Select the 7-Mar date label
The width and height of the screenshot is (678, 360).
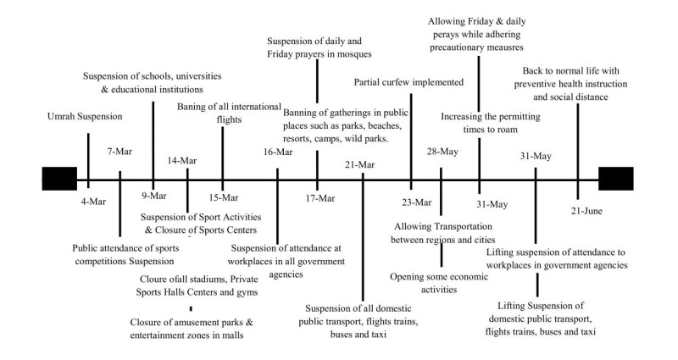pos(119,152)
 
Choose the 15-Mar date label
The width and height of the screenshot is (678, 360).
pos(222,199)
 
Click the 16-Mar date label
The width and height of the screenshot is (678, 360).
pos(279,152)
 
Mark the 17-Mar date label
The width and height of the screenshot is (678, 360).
pos(318,199)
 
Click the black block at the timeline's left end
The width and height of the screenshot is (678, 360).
pos(58,180)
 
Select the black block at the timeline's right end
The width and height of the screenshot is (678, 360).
pos(615,180)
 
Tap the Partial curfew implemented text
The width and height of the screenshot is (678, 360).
pos(409,82)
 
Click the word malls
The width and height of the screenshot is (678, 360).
pos(229,337)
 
